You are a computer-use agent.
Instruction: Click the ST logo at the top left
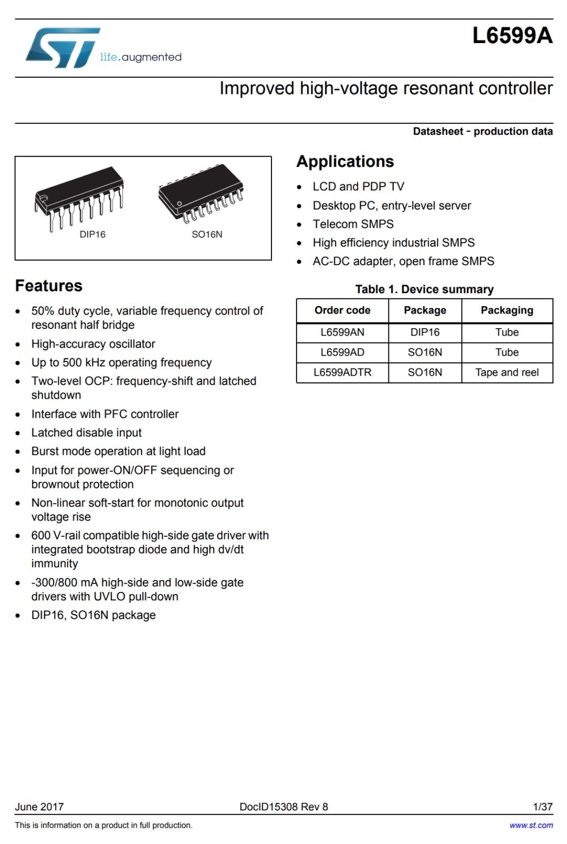pyautogui.click(x=63, y=47)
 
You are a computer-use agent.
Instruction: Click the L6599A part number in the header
pyautogui.click(x=512, y=36)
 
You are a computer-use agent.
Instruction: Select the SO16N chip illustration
pyautogui.click(x=202, y=191)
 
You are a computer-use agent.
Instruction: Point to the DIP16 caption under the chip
pyautogui.click(x=92, y=234)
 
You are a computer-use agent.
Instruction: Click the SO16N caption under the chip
pyautogui.click(x=207, y=234)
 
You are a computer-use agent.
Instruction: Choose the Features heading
pyautogui.click(x=49, y=286)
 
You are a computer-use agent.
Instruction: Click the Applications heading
pyautogui.click(x=345, y=161)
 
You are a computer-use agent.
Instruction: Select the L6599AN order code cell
pyautogui.click(x=342, y=332)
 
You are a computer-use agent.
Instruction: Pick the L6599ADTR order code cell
pyautogui.click(x=342, y=372)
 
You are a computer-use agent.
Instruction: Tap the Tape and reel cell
pyautogui.click(x=507, y=372)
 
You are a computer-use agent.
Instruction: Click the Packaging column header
pyautogui.click(x=507, y=310)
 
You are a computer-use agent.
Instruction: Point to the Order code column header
pyautogui.click(x=342, y=310)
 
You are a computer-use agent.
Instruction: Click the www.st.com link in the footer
pyautogui.click(x=531, y=825)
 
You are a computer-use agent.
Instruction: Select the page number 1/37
pyautogui.click(x=542, y=807)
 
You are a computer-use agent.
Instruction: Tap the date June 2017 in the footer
pyautogui.click(x=39, y=807)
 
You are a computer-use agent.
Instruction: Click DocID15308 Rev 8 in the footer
pyautogui.click(x=283, y=807)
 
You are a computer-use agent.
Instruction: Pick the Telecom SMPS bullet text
pyautogui.click(x=353, y=224)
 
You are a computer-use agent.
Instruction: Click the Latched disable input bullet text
pyautogui.click(x=87, y=433)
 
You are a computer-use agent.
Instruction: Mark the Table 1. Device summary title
pyautogui.click(x=424, y=289)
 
